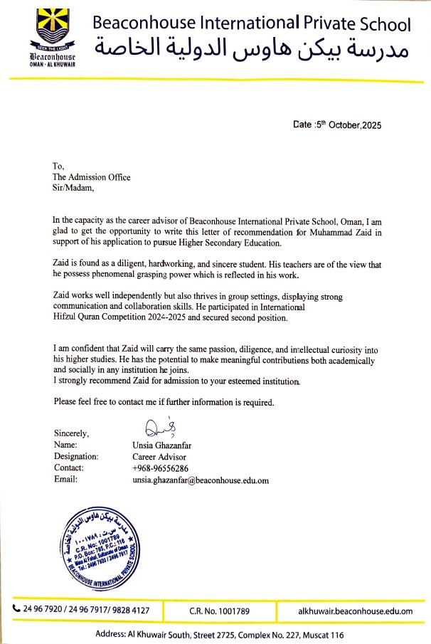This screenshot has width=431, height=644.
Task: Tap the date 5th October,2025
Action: pyautogui.click(x=337, y=125)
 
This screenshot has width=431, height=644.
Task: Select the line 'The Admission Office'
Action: pyautogui.click(x=92, y=177)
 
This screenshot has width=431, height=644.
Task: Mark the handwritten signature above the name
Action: pyautogui.click(x=156, y=428)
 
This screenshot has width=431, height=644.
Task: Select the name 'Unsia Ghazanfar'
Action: pyautogui.click(x=164, y=445)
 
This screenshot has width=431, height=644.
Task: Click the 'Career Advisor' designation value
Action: pyautogui.click(x=160, y=456)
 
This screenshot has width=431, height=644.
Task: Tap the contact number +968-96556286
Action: pyautogui.click(x=160, y=468)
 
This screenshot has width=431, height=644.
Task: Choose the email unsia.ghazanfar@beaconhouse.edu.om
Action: pyautogui.click(x=201, y=480)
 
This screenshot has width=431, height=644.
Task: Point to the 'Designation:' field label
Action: pyautogui.click(x=76, y=456)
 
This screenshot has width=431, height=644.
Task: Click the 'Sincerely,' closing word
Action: pyautogui.click(x=71, y=433)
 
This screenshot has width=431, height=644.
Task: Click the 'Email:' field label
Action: pyautogui.click(x=65, y=480)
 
